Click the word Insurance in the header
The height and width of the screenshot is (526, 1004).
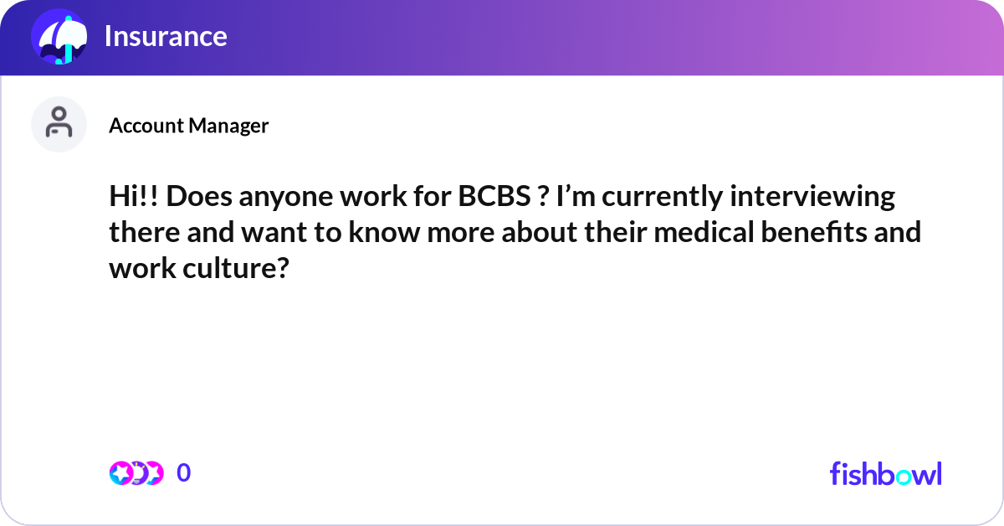pyautogui.click(x=165, y=36)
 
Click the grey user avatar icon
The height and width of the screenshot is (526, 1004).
pyautogui.click(x=59, y=124)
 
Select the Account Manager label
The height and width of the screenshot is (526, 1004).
pyautogui.click(x=188, y=126)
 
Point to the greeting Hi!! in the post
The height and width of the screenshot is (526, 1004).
pyautogui.click(x=134, y=197)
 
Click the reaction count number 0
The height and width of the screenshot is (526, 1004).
pyautogui.click(x=184, y=473)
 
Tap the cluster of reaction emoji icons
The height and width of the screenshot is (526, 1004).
pyautogui.click(x=136, y=473)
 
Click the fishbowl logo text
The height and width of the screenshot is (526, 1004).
pyautogui.click(x=885, y=473)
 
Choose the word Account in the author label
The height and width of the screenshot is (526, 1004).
pyautogui.click(x=146, y=126)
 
